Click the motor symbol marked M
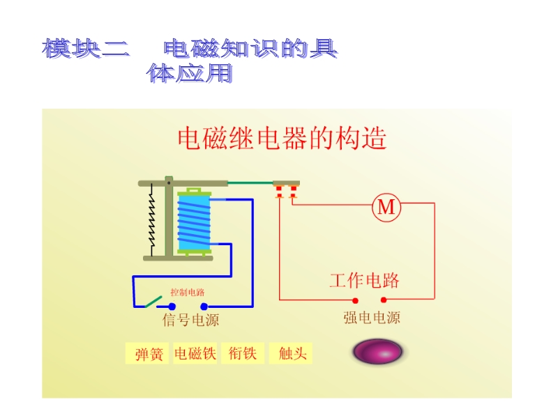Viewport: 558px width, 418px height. click(x=386, y=207)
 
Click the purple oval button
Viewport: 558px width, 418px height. click(x=378, y=351)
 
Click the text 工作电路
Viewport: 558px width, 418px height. click(x=364, y=281)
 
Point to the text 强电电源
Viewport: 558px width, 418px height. click(x=372, y=318)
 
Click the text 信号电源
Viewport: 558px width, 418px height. click(x=190, y=320)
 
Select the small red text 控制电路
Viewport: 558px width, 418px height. click(x=188, y=293)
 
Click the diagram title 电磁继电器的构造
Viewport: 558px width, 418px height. click(x=282, y=139)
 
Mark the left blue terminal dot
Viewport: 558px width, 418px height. click(x=172, y=306)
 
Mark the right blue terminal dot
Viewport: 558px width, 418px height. click(x=204, y=306)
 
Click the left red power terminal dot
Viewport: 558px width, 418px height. click(x=355, y=300)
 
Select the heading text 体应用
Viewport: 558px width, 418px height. click(x=190, y=73)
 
